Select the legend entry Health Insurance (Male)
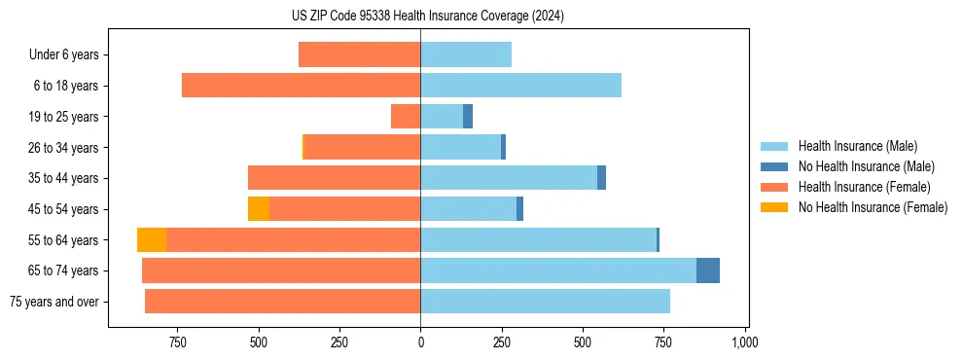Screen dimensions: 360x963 (857, 146)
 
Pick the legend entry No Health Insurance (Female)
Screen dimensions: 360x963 (873, 207)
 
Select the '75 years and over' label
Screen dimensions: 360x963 (54, 302)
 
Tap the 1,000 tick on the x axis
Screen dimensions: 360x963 (744, 342)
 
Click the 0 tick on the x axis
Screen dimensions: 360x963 (420, 342)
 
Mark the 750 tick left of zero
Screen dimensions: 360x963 (177, 342)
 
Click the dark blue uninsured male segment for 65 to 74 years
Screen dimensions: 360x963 (708, 270)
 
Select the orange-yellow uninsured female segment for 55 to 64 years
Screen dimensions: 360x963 (152, 239)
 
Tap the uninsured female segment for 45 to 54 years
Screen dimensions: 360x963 (259, 209)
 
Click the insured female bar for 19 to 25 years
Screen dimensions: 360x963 (406, 117)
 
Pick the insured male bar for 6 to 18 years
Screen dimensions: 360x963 (520, 86)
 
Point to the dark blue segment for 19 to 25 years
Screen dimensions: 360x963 (468, 117)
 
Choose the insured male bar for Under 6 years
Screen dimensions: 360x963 (466, 54)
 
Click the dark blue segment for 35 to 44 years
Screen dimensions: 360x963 (601, 178)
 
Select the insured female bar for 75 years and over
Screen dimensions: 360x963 (282, 302)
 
